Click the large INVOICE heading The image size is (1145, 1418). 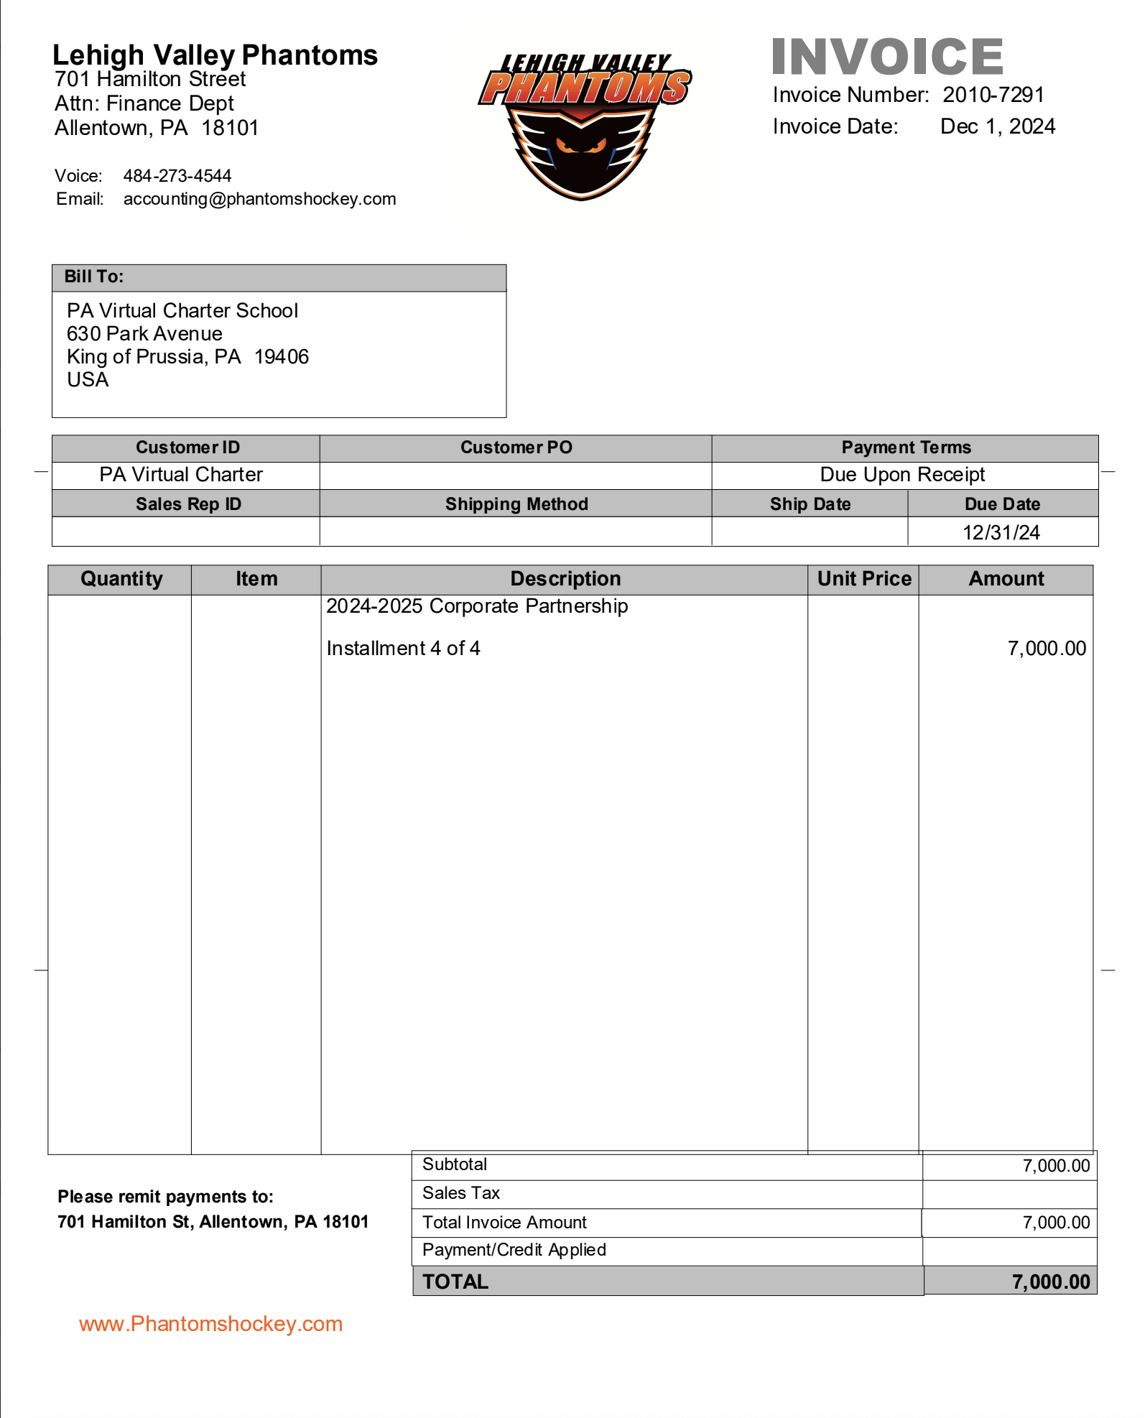pyautogui.click(x=887, y=57)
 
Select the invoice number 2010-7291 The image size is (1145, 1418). pyautogui.click(x=993, y=95)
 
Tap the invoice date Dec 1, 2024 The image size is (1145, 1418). pyautogui.click(x=998, y=126)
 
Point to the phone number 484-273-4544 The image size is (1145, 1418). pyautogui.click(x=177, y=176)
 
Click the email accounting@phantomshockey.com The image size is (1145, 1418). pyautogui.click(x=259, y=199)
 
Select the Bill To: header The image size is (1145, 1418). pyautogui.click(x=94, y=277)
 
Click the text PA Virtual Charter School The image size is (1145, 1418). pyautogui.click(x=182, y=310)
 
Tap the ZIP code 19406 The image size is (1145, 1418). pyautogui.click(x=282, y=357)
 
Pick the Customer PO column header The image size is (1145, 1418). pyautogui.click(x=516, y=448)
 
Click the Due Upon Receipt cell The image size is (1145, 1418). pyautogui.click(x=902, y=475)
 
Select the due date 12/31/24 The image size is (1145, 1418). pyautogui.click(x=1001, y=532)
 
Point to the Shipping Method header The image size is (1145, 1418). pyautogui.click(x=516, y=504)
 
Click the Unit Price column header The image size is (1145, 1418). pyautogui.click(x=864, y=579)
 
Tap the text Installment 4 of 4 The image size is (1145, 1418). pyautogui.click(x=403, y=649)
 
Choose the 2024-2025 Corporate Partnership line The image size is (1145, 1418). pyautogui.click(x=477, y=606)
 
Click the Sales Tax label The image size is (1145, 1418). pyautogui.click(x=461, y=1193)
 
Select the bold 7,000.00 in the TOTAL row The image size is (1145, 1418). pyautogui.click(x=1051, y=1282)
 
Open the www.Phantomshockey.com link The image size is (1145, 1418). pyautogui.click(x=210, y=1324)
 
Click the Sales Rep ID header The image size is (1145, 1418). pyautogui.click(x=188, y=504)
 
